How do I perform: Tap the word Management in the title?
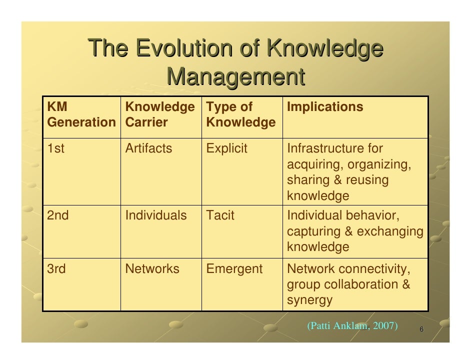click(235, 77)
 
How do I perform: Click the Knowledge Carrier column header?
click(160, 114)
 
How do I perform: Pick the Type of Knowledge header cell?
click(240, 114)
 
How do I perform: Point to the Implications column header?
click(325, 107)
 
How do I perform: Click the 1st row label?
click(55, 148)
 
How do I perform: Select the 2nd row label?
click(58, 215)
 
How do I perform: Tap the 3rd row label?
click(56, 269)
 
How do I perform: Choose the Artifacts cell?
click(148, 148)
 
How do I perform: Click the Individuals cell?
click(155, 215)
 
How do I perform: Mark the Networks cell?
click(152, 269)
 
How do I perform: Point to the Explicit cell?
click(226, 148)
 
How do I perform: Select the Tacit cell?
click(220, 215)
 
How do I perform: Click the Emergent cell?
click(234, 269)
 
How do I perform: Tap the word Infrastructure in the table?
click(321, 148)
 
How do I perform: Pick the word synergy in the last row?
click(309, 300)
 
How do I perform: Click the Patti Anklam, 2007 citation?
click(352, 326)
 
